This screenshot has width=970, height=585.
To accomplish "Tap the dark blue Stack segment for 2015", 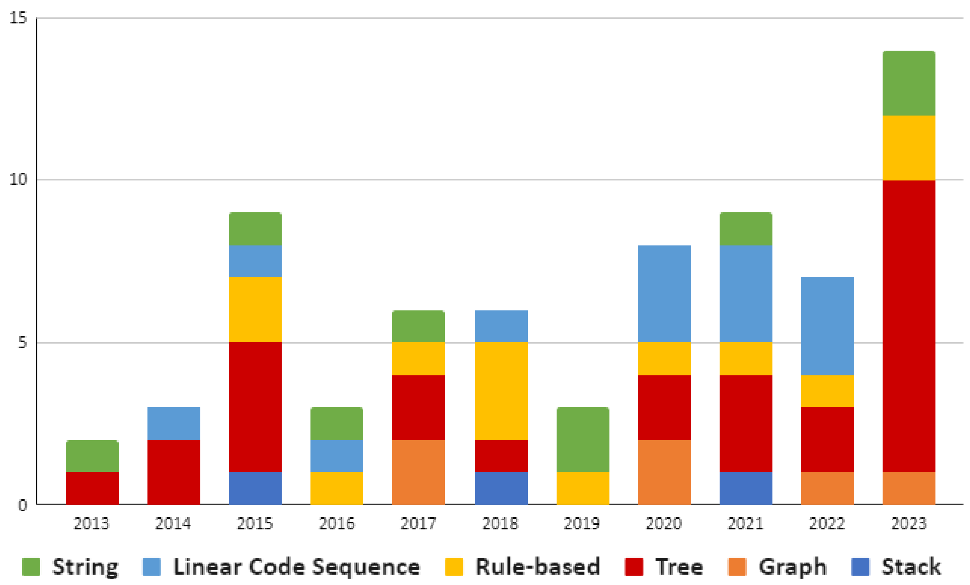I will pyautogui.click(x=255, y=488).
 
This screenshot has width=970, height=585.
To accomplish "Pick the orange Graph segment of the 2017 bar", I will pyautogui.click(x=418, y=472).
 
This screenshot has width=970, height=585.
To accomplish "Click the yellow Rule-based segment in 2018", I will pyautogui.click(x=501, y=391).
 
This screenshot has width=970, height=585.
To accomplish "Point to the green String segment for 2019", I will pyautogui.click(x=583, y=439).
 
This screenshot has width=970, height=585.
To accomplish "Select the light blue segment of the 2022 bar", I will pyautogui.click(x=827, y=326).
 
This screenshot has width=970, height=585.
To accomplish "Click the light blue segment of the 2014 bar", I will pyautogui.click(x=174, y=423).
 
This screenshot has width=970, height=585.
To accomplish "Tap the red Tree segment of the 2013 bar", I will pyautogui.click(x=92, y=488).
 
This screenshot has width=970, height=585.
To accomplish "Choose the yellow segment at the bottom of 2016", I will pyautogui.click(x=336, y=488).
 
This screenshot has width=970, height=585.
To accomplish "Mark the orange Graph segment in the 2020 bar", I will pyautogui.click(x=664, y=472).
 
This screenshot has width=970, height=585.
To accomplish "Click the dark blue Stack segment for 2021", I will pyautogui.click(x=746, y=488).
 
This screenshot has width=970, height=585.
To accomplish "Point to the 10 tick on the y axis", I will pyautogui.click(x=18, y=180).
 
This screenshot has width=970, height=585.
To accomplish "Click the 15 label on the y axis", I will pyautogui.click(x=18, y=18).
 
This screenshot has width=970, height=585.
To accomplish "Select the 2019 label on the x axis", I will pyautogui.click(x=582, y=524).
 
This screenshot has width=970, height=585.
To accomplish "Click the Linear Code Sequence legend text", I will pyautogui.click(x=296, y=567).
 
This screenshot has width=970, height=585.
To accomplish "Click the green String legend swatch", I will pyautogui.click(x=31, y=567).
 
